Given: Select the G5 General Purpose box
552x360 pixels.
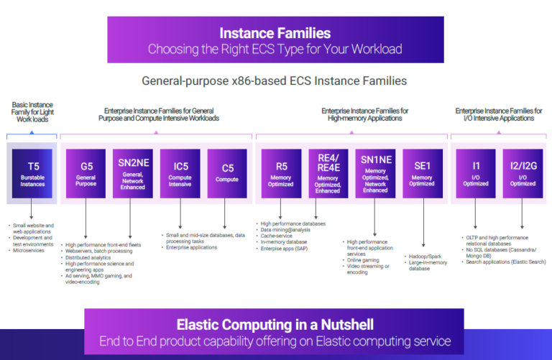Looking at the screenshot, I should coord(87,173).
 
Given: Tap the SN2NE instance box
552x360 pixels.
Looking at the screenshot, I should coord(134,173).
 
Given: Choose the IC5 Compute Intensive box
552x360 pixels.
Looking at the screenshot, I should coord(180,173).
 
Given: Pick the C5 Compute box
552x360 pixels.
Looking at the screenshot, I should coord(226,173).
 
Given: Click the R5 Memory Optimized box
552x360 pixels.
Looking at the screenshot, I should coord(281,173).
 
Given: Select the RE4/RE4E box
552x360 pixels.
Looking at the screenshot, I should coord(328,173).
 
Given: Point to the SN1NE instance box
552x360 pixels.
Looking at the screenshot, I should coord(375,173).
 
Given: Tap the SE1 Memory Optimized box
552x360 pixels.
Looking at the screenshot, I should coord(422,173).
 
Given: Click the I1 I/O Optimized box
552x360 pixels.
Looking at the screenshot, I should coord(477,173).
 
